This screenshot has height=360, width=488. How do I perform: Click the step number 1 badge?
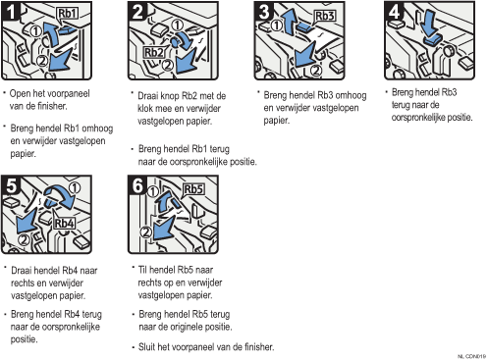(x=11, y=12)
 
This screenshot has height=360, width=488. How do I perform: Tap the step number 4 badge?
(x=394, y=12)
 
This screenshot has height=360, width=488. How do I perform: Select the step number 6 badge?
(x=137, y=185)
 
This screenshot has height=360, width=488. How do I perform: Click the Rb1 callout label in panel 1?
(x=68, y=14)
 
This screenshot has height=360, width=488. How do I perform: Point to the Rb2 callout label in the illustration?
(x=153, y=53)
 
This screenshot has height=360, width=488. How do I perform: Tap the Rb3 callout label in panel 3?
(x=324, y=16)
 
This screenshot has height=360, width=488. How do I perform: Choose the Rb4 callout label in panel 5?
(x=64, y=224)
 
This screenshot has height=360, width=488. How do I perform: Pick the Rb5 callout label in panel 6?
(x=193, y=189)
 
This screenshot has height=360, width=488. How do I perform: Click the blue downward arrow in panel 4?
(x=429, y=25)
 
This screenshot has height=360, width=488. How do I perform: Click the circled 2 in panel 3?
(x=315, y=71)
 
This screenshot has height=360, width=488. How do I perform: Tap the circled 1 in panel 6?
(x=153, y=191)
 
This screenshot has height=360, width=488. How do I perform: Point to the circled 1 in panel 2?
(x=177, y=26)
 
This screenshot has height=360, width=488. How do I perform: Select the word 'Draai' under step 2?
(x=147, y=96)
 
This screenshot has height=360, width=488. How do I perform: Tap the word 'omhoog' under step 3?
(x=351, y=95)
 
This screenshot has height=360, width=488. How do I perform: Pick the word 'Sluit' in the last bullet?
(x=146, y=346)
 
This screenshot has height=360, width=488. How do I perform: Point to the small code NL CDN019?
(x=471, y=356)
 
